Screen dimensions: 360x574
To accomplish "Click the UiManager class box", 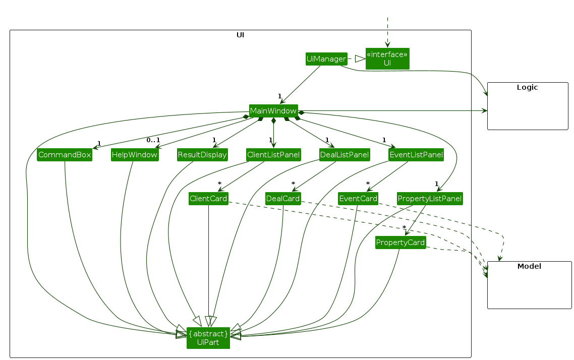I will [x=326, y=59].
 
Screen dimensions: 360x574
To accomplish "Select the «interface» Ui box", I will [x=387, y=58].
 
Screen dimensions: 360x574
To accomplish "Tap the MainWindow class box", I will [x=273, y=110].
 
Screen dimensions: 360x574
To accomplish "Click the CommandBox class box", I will [x=65, y=155].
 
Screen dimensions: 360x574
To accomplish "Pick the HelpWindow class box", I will [x=135, y=155].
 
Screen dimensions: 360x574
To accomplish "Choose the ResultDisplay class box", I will [x=202, y=155].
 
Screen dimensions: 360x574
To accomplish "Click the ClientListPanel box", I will [x=273, y=155].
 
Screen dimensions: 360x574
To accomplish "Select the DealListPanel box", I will [x=345, y=155].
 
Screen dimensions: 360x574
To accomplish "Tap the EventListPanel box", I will [x=416, y=155].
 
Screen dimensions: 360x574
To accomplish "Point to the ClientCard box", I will [x=208, y=199].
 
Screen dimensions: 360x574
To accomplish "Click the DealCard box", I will [x=283, y=199].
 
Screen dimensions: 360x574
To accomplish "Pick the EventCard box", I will [x=358, y=199].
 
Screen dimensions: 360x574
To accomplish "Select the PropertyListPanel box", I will [x=429, y=199].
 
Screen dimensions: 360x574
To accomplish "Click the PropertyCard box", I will [x=400, y=243].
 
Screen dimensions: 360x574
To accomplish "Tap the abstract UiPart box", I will [x=208, y=338].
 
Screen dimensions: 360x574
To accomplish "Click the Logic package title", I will [x=528, y=87].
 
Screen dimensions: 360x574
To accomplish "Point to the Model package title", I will [x=529, y=266].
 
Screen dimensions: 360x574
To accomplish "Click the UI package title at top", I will [x=241, y=35].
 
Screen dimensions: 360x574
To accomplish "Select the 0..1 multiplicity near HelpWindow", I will [x=153, y=140].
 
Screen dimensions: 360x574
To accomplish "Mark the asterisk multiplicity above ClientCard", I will [x=219, y=184].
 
